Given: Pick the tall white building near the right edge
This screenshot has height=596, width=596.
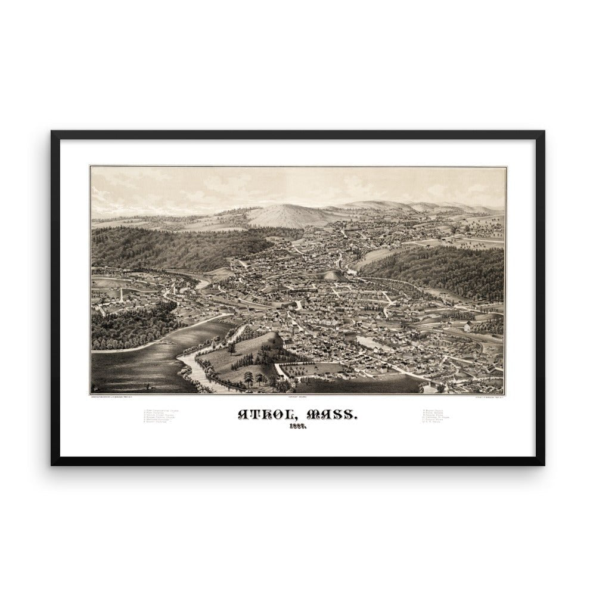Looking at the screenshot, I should coord(467,326).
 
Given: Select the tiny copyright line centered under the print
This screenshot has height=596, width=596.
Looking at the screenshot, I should coord(296,397).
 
